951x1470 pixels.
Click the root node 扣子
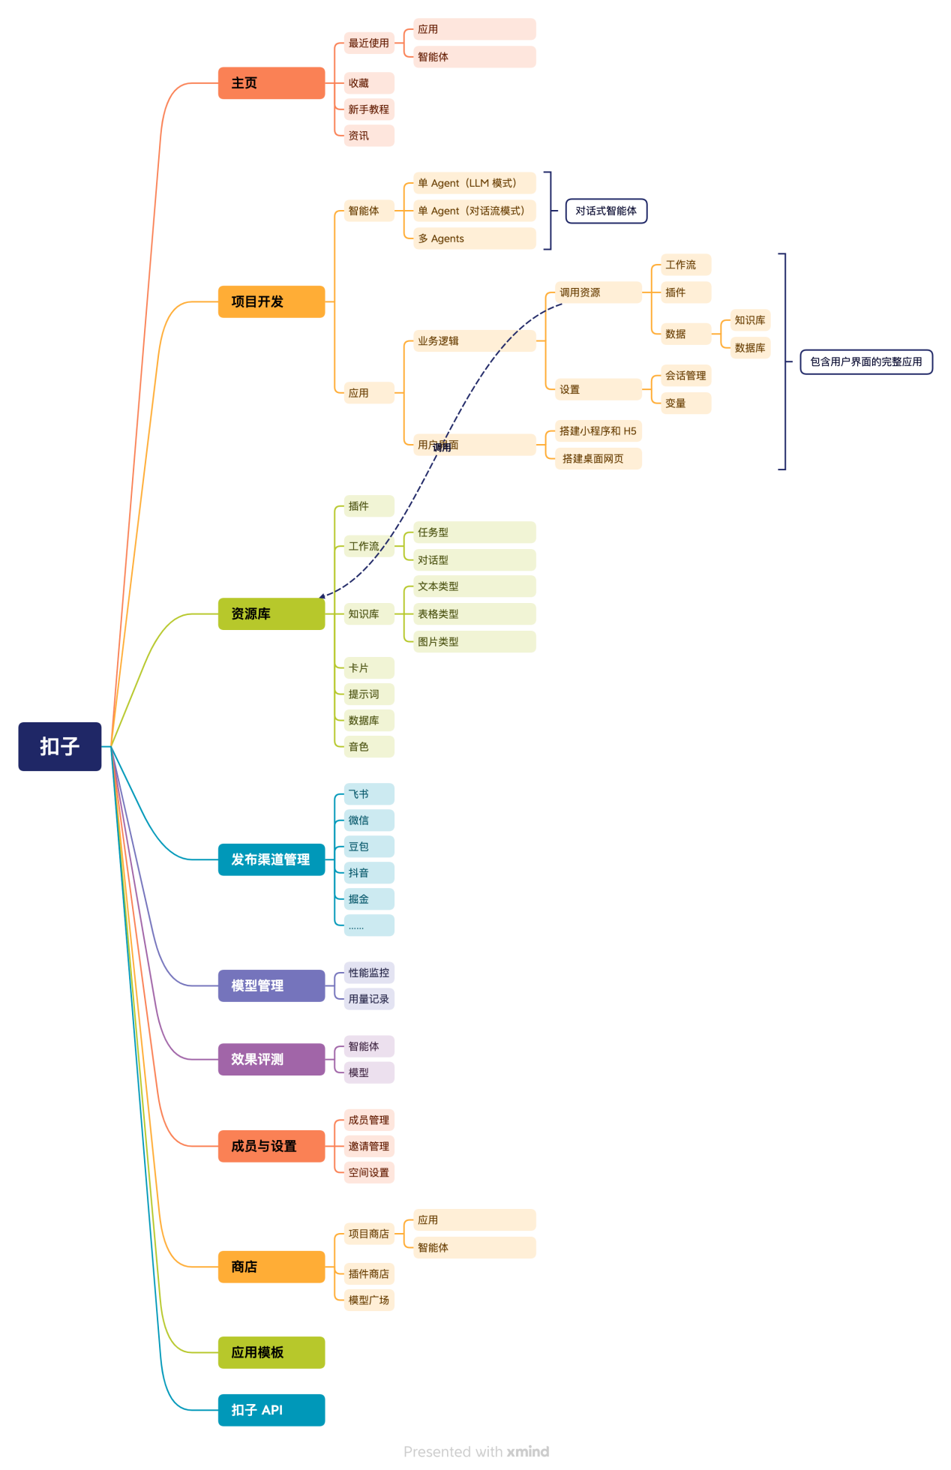click(x=60, y=746)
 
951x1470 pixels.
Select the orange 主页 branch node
click(x=271, y=83)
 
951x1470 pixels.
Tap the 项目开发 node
click(x=271, y=301)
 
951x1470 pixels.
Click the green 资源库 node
click(x=271, y=613)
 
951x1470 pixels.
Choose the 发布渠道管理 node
click(x=271, y=859)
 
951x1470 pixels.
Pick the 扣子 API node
click(x=271, y=1410)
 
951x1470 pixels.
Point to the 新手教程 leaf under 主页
click(x=369, y=109)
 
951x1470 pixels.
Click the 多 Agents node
click(x=474, y=238)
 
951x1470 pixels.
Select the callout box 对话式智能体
click(x=606, y=211)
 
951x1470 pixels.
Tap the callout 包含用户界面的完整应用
click(x=866, y=361)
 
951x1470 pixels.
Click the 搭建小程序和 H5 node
click(x=598, y=431)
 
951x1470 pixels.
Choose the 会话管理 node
click(x=685, y=376)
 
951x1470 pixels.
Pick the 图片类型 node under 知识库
click(x=474, y=641)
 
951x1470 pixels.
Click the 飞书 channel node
click(x=369, y=794)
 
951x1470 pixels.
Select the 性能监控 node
click(x=369, y=973)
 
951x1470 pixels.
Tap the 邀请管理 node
click(x=369, y=1146)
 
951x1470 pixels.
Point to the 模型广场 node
click(x=369, y=1300)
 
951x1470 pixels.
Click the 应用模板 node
click(x=271, y=1352)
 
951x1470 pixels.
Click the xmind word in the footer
click(x=528, y=1451)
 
